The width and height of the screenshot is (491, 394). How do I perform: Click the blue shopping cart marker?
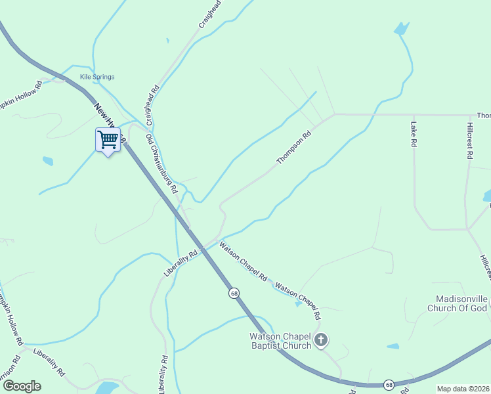(x=108, y=139)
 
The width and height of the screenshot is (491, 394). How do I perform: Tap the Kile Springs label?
(x=97, y=77)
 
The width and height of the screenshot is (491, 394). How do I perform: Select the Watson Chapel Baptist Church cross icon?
(x=320, y=339)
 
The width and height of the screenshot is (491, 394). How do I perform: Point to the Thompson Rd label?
(x=293, y=148)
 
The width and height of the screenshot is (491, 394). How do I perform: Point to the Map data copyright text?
(x=463, y=389)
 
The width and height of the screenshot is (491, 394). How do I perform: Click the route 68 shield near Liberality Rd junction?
(x=234, y=293)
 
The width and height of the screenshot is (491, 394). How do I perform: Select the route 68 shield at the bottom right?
(x=389, y=384)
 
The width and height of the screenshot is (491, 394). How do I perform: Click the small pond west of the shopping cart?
(x=47, y=161)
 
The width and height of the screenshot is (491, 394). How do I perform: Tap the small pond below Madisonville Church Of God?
(x=393, y=346)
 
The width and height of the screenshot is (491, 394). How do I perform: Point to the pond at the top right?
(x=400, y=29)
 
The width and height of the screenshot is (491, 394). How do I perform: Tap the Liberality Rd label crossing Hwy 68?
(x=181, y=263)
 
